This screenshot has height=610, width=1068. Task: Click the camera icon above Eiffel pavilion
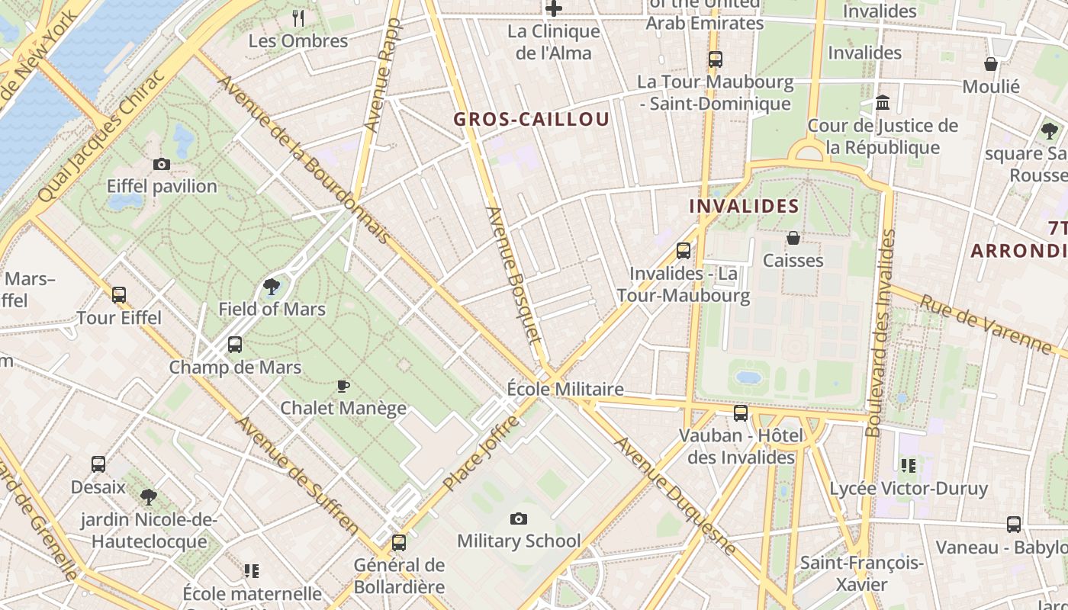(x=161, y=164)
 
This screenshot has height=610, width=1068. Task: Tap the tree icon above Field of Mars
(x=271, y=287)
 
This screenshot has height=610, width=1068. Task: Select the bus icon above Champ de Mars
(x=235, y=345)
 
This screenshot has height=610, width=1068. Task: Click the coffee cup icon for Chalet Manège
(x=343, y=386)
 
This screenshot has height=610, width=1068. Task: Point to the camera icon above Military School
(x=519, y=519)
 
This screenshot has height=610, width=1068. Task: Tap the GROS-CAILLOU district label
(x=532, y=119)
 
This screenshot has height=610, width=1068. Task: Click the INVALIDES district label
(x=744, y=206)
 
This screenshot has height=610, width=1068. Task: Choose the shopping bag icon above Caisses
(x=793, y=239)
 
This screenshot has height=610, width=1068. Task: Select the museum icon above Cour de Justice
(x=883, y=102)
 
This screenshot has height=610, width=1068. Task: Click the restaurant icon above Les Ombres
(x=298, y=18)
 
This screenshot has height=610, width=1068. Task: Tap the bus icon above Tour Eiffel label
(x=119, y=295)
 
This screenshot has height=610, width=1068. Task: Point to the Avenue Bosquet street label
(x=513, y=274)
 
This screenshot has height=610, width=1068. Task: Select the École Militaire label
(x=565, y=389)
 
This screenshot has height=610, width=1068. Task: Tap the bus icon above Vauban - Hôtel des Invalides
(x=740, y=413)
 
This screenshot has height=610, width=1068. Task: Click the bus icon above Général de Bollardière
(x=399, y=543)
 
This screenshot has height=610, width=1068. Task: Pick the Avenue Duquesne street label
(x=676, y=495)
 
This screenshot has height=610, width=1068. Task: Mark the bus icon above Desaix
(x=98, y=464)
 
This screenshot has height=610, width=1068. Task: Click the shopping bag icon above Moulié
(x=991, y=64)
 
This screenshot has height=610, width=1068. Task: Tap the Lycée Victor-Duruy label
(x=908, y=488)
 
